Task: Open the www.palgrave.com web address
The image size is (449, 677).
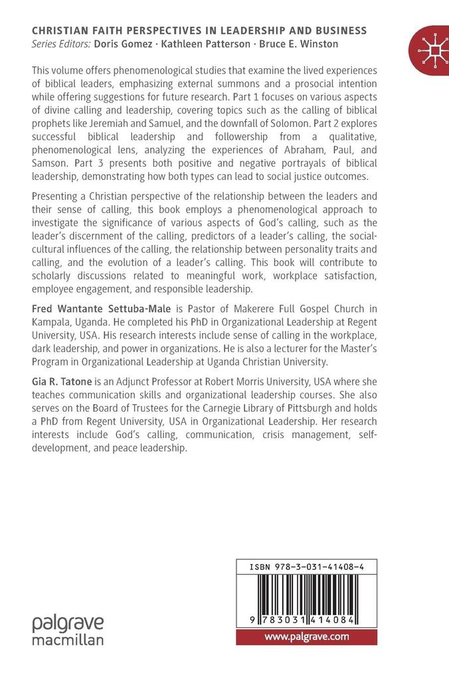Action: (306, 637)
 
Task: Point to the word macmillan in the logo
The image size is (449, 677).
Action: (68, 640)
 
